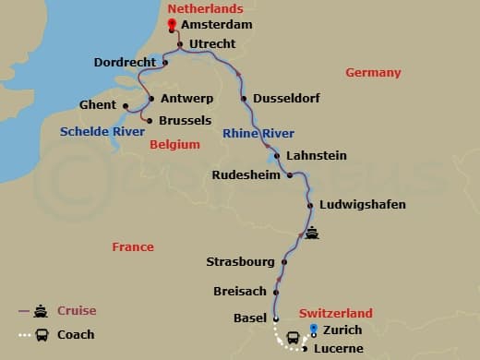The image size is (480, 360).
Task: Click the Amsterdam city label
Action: click(217, 26)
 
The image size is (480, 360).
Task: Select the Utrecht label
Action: click(212, 43)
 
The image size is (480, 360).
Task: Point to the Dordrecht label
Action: click(125, 62)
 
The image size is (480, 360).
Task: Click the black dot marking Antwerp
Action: click(151, 98)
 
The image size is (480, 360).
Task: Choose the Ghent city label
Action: click(97, 104)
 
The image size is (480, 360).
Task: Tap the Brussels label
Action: click(186, 120)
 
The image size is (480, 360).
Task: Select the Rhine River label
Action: click(258, 134)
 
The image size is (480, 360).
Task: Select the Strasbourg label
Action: click(241, 262)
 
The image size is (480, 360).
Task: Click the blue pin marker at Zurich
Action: click(314, 330)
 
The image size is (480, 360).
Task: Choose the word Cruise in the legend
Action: click(77, 311)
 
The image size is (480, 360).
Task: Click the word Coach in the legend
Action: click(76, 334)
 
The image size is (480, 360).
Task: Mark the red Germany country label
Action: click(373, 73)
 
